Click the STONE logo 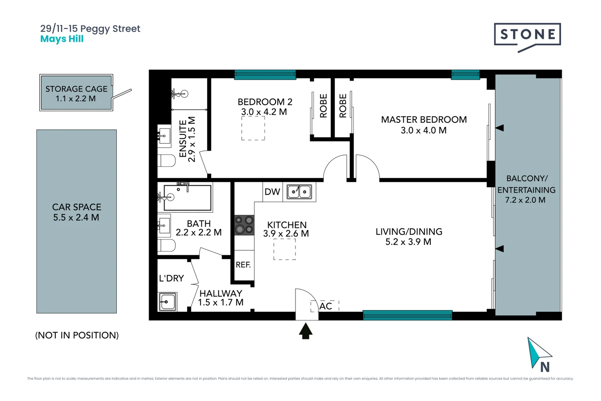[527, 35]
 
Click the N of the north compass [545, 367]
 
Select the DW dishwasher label [272, 192]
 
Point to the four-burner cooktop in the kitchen [244, 225]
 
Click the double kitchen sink [299, 192]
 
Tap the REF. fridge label [243, 265]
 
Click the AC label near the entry [326, 306]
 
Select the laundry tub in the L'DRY [167, 301]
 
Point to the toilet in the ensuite [167, 161]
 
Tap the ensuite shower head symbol [184, 94]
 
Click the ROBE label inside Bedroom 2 [324, 106]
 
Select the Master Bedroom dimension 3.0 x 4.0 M [423, 130]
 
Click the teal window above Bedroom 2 [265, 75]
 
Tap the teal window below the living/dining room [407, 315]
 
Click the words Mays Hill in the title [62, 39]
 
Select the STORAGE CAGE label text [76, 89]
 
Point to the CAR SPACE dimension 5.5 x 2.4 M [76, 218]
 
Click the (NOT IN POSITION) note [77, 335]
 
